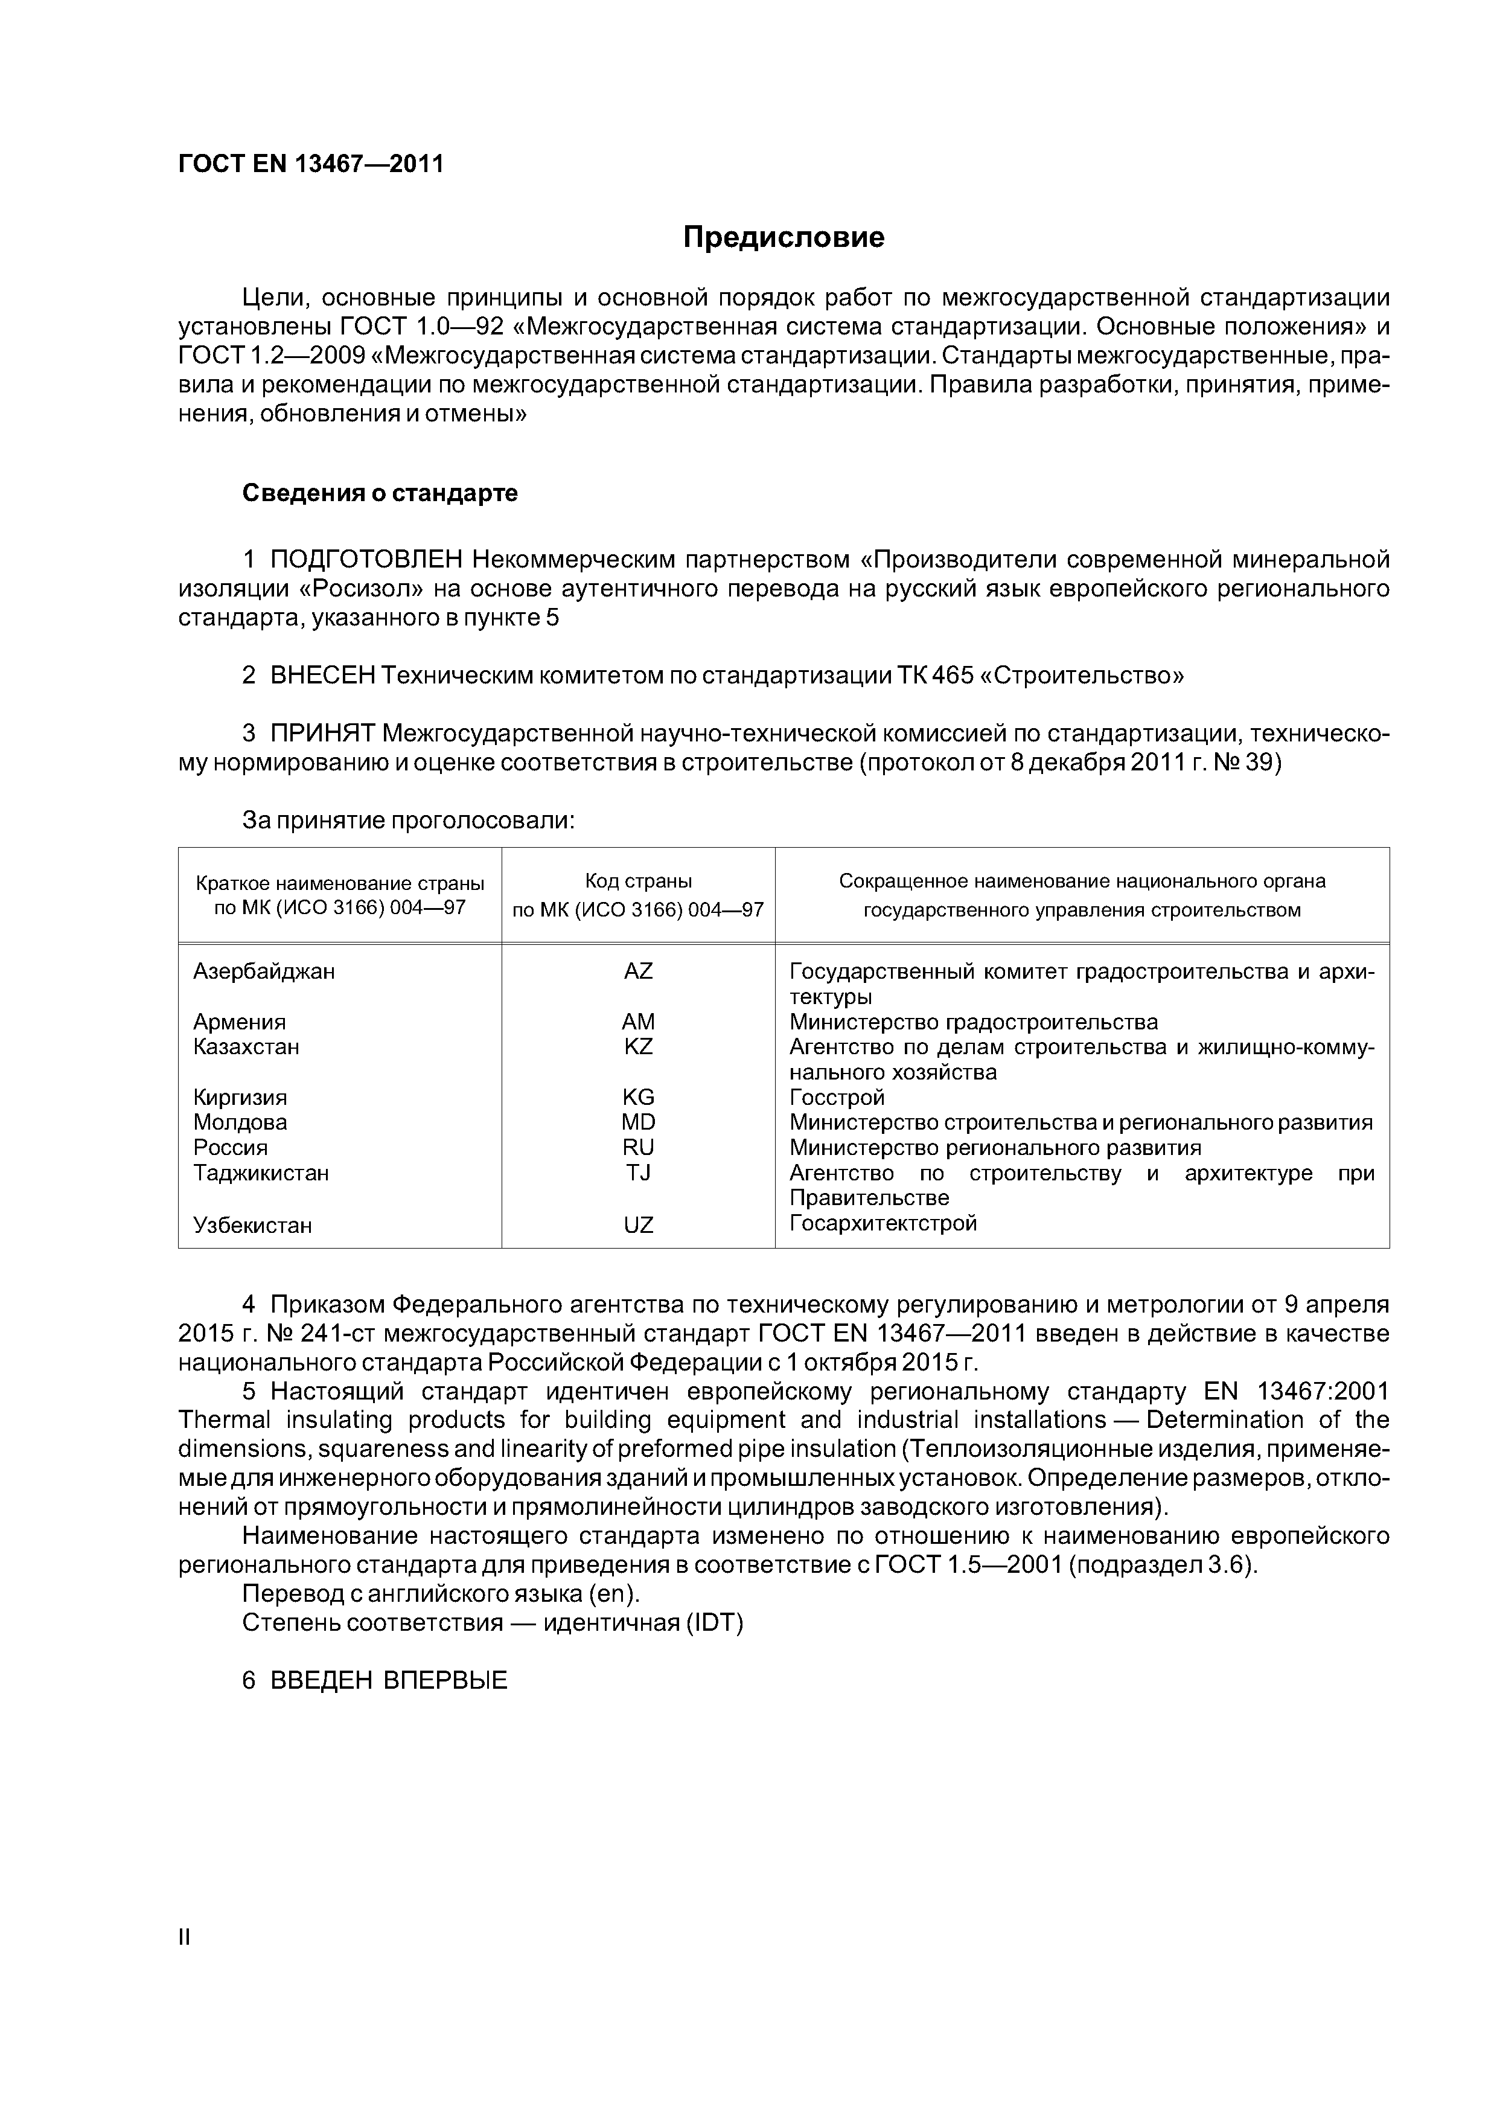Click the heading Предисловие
click(x=783, y=238)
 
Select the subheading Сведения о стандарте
click(x=380, y=493)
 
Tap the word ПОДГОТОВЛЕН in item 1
click(x=366, y=560)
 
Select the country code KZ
click(x=637, y=1047)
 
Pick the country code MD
click(x=637, y=1122)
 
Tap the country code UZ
click(x=637, y=1225)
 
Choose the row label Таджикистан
click(x=261, y=1173)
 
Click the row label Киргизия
click(x=240, y=1098)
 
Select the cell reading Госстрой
click(x=837, y=1098)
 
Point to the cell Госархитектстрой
click(x=883, y=1223)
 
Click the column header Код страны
click(x=637, y=881)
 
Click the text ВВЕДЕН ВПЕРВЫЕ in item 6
click(x=388, y=1681)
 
